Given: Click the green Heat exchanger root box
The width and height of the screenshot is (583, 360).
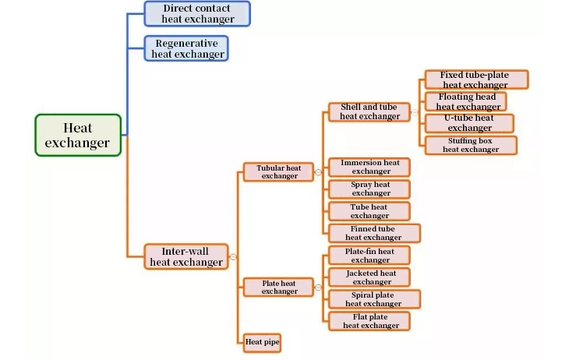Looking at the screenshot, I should click(x=78, y=135).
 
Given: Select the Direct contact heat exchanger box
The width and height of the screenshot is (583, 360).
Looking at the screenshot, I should click(x=197, y=14).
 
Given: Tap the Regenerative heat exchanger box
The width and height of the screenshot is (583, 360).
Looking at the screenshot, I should click(x=187, y=48).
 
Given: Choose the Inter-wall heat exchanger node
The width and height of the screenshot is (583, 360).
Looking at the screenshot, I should click(x=186, y=257).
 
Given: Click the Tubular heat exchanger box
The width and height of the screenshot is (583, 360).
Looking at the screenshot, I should click(x=279, y=172).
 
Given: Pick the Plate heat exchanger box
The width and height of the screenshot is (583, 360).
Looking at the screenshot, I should click(x=279, y=287).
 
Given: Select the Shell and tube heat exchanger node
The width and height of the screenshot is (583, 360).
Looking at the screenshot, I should click(x=369, y=112).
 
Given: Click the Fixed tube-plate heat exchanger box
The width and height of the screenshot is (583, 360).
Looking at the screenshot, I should click(x=475, y=80).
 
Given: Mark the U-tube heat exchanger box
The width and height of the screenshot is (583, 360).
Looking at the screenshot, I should click(x=470, y=123).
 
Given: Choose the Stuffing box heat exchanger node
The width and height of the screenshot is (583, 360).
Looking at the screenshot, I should click(x=471, y=145).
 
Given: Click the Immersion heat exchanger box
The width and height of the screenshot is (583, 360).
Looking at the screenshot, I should click(x=369, y=167).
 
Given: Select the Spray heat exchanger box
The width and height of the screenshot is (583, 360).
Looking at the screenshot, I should click(x=369, y=189).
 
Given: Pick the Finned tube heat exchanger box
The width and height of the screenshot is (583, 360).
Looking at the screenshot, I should click(x=374, y=233).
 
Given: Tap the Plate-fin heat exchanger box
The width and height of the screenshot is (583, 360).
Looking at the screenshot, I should click(x=369, y=255).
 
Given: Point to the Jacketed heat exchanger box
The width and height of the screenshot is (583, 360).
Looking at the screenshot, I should click(x=369, y=277).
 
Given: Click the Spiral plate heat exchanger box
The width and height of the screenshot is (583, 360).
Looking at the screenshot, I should click(x=374, y=298).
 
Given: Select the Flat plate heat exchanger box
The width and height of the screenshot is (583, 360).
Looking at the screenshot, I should click(x=369, y=320).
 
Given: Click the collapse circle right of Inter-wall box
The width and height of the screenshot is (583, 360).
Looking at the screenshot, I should click(x=234, y=257).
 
